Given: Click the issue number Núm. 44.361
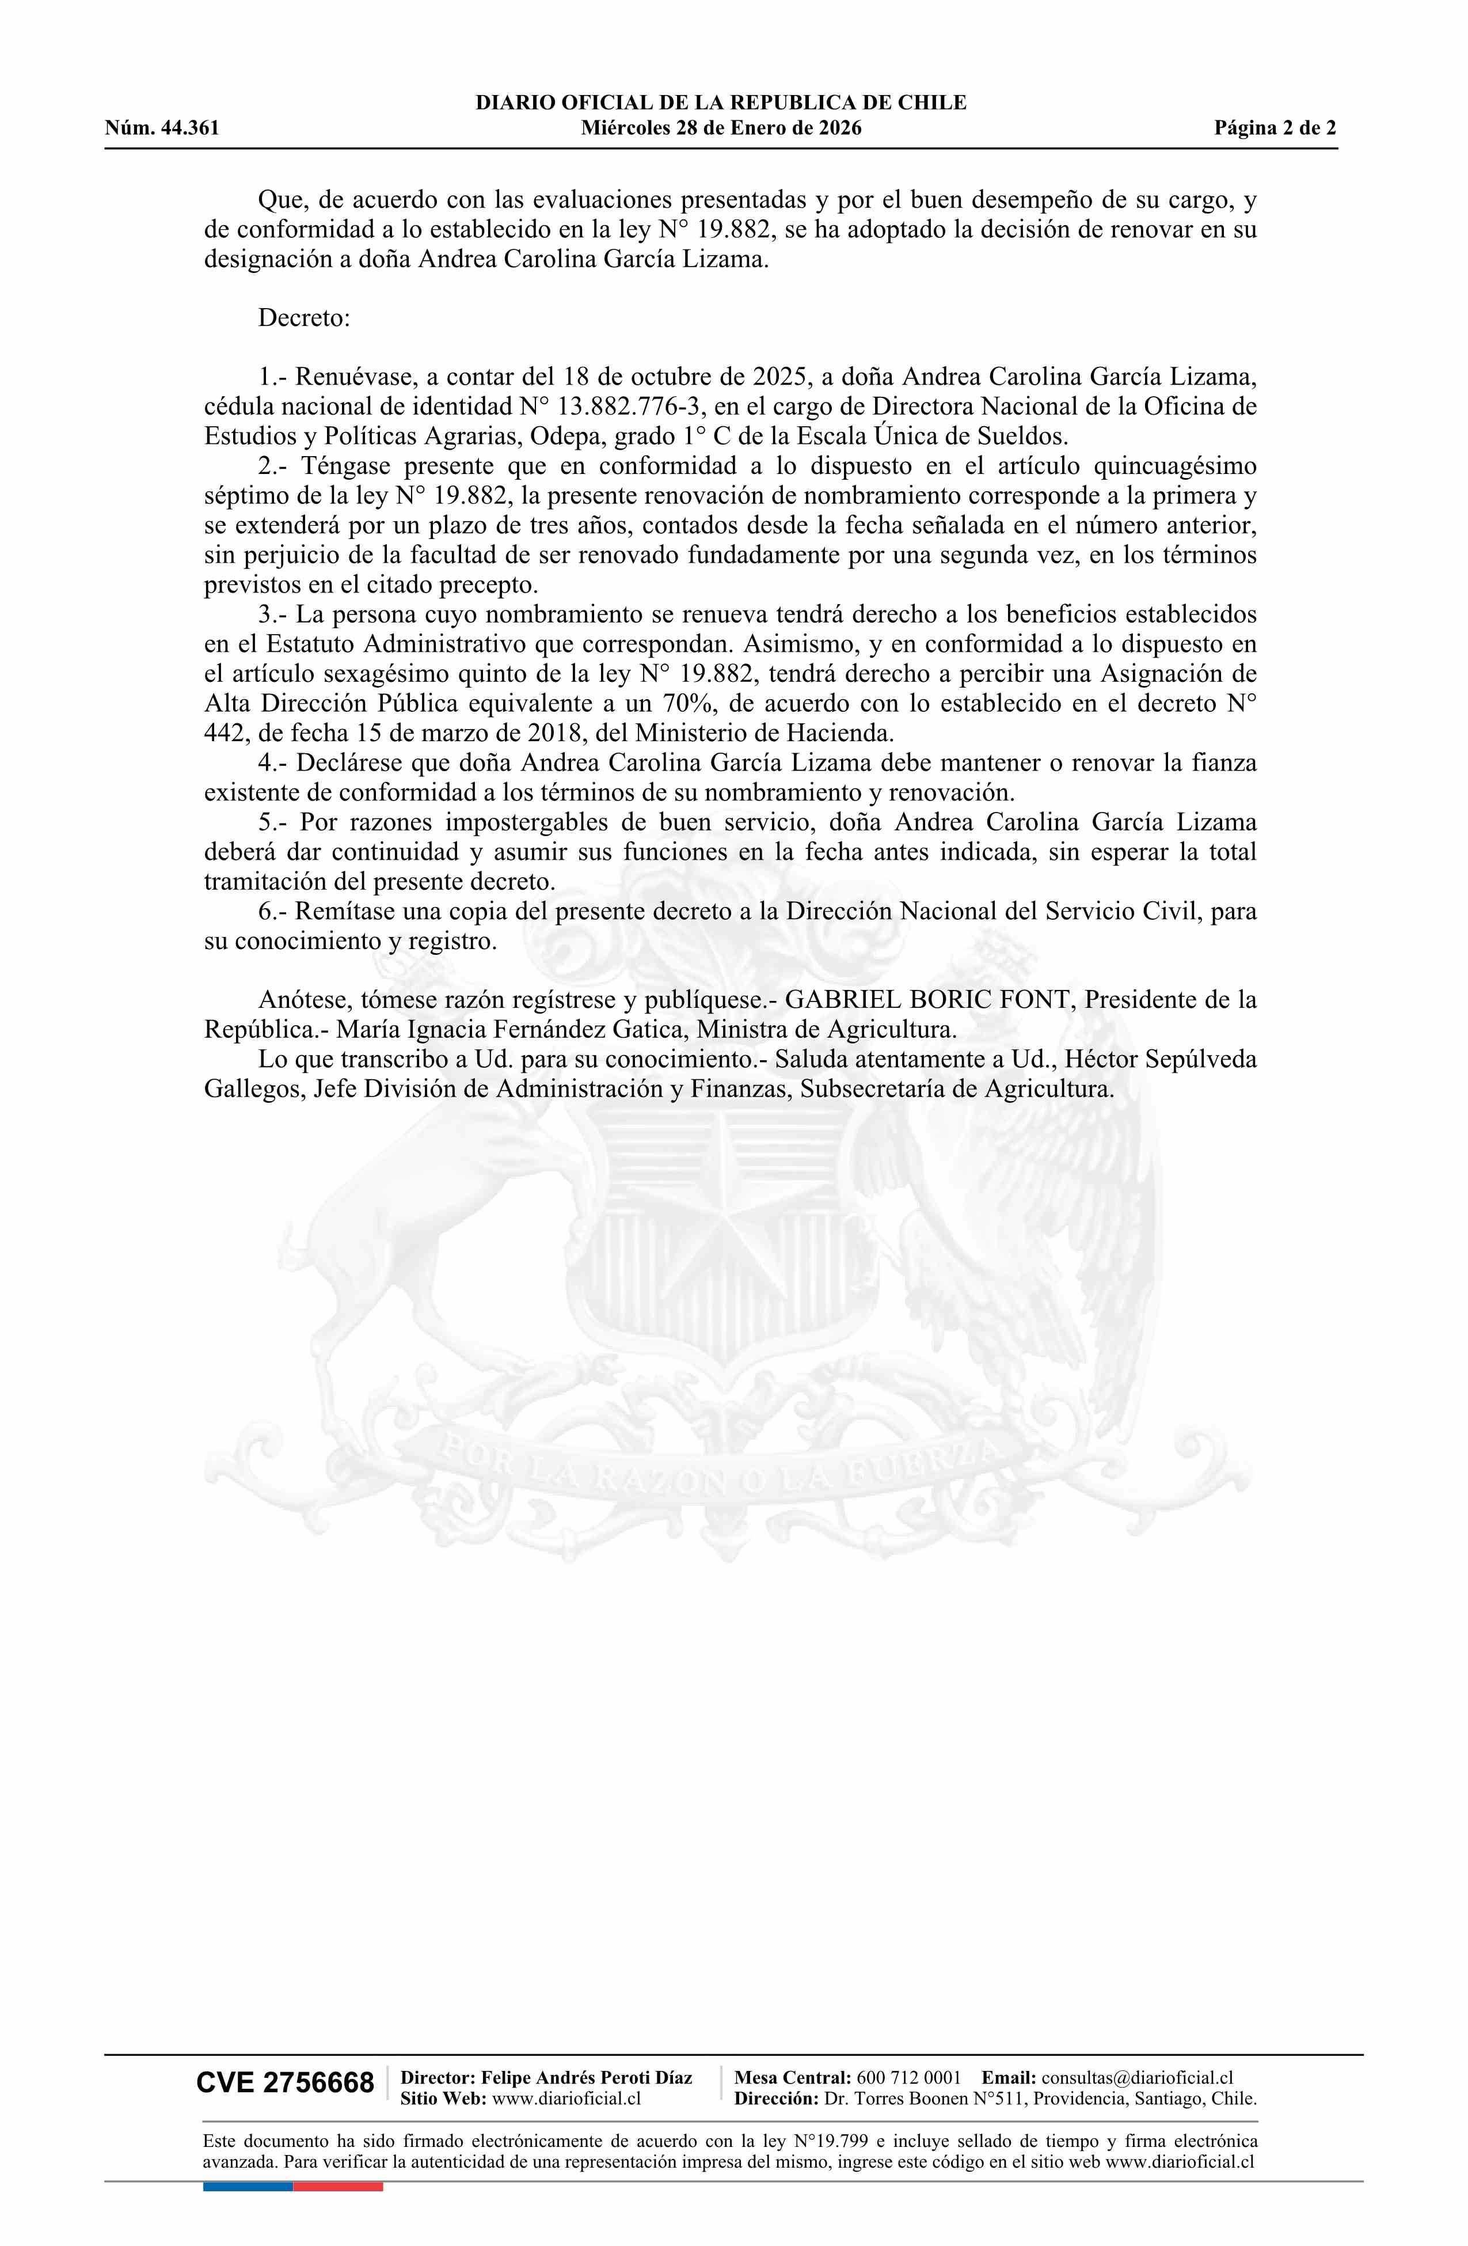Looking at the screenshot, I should pyautogui.click(x=162, y=128).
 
